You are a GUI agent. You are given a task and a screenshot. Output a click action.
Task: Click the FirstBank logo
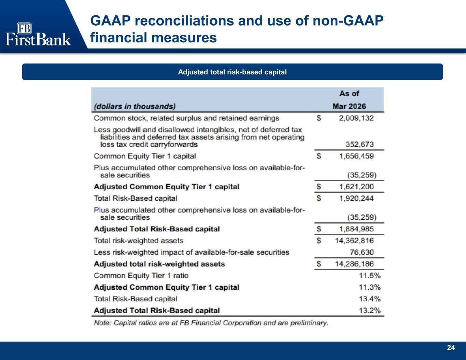38,34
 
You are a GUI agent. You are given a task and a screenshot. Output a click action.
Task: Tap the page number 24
451,348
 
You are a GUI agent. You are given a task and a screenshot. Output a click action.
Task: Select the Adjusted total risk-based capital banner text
232,72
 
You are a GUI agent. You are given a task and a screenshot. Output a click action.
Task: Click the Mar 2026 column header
349,106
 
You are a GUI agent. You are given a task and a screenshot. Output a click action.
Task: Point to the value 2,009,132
356,118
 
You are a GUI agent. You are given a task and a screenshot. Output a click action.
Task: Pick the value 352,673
359,144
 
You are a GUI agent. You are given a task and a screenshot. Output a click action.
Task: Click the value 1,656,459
356,156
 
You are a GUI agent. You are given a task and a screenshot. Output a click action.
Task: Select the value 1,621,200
356,187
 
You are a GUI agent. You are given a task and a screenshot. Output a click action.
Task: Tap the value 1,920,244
356,199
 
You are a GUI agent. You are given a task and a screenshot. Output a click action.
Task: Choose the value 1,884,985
356,229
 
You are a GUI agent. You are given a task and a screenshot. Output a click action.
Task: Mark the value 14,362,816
354,241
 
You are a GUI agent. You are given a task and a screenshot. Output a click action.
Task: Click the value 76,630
362,252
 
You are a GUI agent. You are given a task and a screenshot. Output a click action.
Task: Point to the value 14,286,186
354,264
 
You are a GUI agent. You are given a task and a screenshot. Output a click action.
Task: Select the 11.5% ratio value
370,276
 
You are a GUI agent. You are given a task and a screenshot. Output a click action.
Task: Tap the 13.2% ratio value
370,311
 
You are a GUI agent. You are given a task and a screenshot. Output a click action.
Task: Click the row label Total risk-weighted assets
139,241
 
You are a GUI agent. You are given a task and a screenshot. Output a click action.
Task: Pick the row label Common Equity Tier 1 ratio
141,276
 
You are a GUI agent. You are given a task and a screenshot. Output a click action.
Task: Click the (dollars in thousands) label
135,106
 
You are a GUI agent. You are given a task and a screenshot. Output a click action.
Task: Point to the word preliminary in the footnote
309,323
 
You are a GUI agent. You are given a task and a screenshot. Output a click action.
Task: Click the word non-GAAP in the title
348,21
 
